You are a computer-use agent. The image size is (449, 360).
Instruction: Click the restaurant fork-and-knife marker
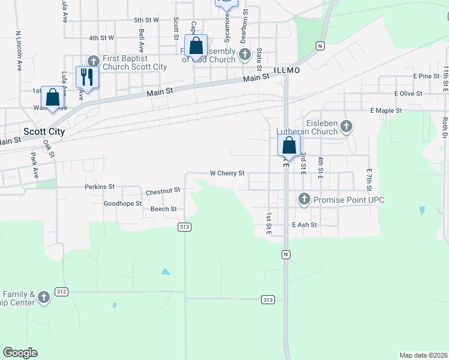tap(87, 77)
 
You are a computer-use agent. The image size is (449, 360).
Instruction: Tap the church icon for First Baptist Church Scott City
tap(93, 61)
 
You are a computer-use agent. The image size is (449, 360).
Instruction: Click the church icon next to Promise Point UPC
tap(304, 199)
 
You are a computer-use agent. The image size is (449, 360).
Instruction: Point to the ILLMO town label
tap(286, 70)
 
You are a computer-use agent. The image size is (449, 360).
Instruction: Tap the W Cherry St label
tap(227, 173)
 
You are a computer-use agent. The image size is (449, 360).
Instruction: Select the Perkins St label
tap(99, 187)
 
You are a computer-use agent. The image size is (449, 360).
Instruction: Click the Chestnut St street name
tap(163, 191)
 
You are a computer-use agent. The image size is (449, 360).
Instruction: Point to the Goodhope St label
tap(122, 204)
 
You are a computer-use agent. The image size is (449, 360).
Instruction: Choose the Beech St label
tap(163, 209)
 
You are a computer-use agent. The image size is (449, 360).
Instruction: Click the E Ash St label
tap(304, 225)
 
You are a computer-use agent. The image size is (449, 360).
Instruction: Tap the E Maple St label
tap(386, 111)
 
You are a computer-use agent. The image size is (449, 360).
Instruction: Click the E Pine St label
tap(426, 76)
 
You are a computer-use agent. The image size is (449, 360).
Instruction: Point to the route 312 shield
tap(61, 291)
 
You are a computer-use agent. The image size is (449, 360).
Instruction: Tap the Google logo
tap(20, 353)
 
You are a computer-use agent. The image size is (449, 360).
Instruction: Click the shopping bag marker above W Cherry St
tap(289, 146)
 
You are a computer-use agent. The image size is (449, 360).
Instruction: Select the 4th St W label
tap(101, 38)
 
